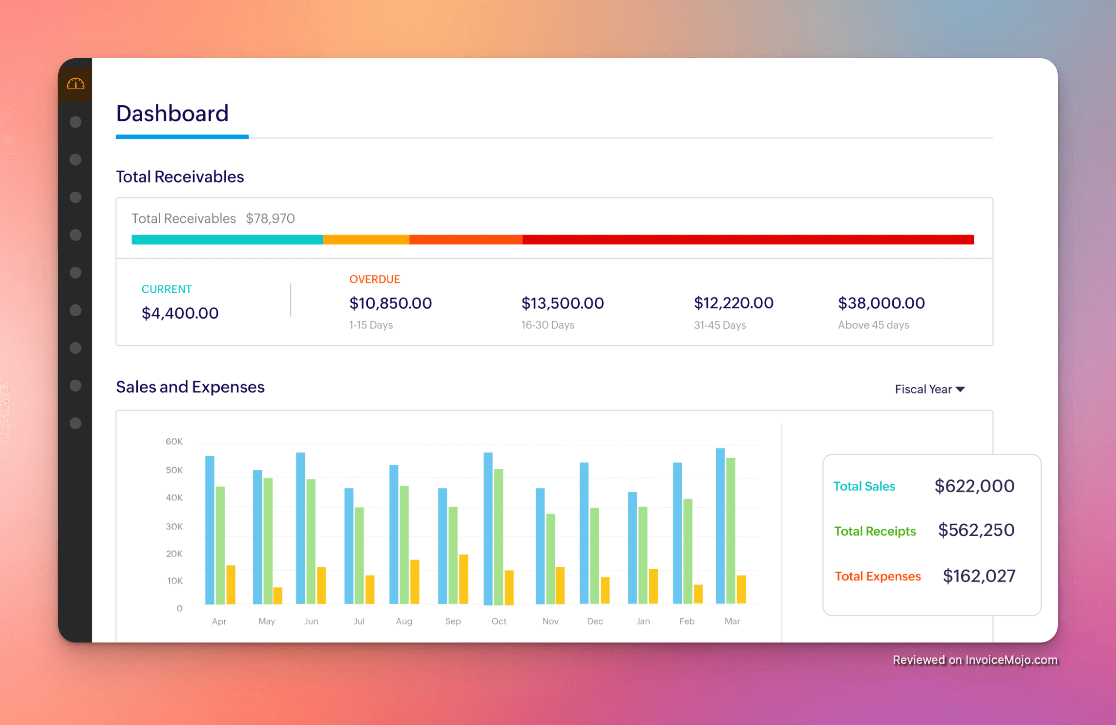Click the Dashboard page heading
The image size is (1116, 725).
(x=172, y=114)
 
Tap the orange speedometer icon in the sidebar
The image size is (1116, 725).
(x=75, y=84)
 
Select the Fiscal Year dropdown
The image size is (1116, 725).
(x=929, y=389)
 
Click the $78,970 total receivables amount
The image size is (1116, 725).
(x=270, y=218)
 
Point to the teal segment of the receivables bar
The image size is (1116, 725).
(x=227, y=239)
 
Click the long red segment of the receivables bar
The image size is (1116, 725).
(x=747, y=239)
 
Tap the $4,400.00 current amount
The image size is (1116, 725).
(x=180, y=313)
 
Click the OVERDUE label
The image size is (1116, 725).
(x=375, y=279)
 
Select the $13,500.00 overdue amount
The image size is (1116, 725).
(x=562, y=303)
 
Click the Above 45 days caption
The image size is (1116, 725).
(x=873, y=325)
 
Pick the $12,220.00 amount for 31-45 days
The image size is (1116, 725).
(x=734, y=303)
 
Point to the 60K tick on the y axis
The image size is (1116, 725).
(x=174, y=442)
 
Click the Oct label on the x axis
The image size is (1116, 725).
(x=499, y=621)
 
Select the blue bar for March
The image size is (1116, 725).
(x=720, y=527)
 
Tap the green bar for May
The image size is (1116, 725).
(x=268, y=541)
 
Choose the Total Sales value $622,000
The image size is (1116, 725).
(x=974, y=486)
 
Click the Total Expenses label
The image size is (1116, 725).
(x=877, y=576)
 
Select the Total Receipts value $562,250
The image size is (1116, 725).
(x=976, y=530)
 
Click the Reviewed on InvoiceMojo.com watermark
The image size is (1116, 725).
(x=975, y=660)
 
